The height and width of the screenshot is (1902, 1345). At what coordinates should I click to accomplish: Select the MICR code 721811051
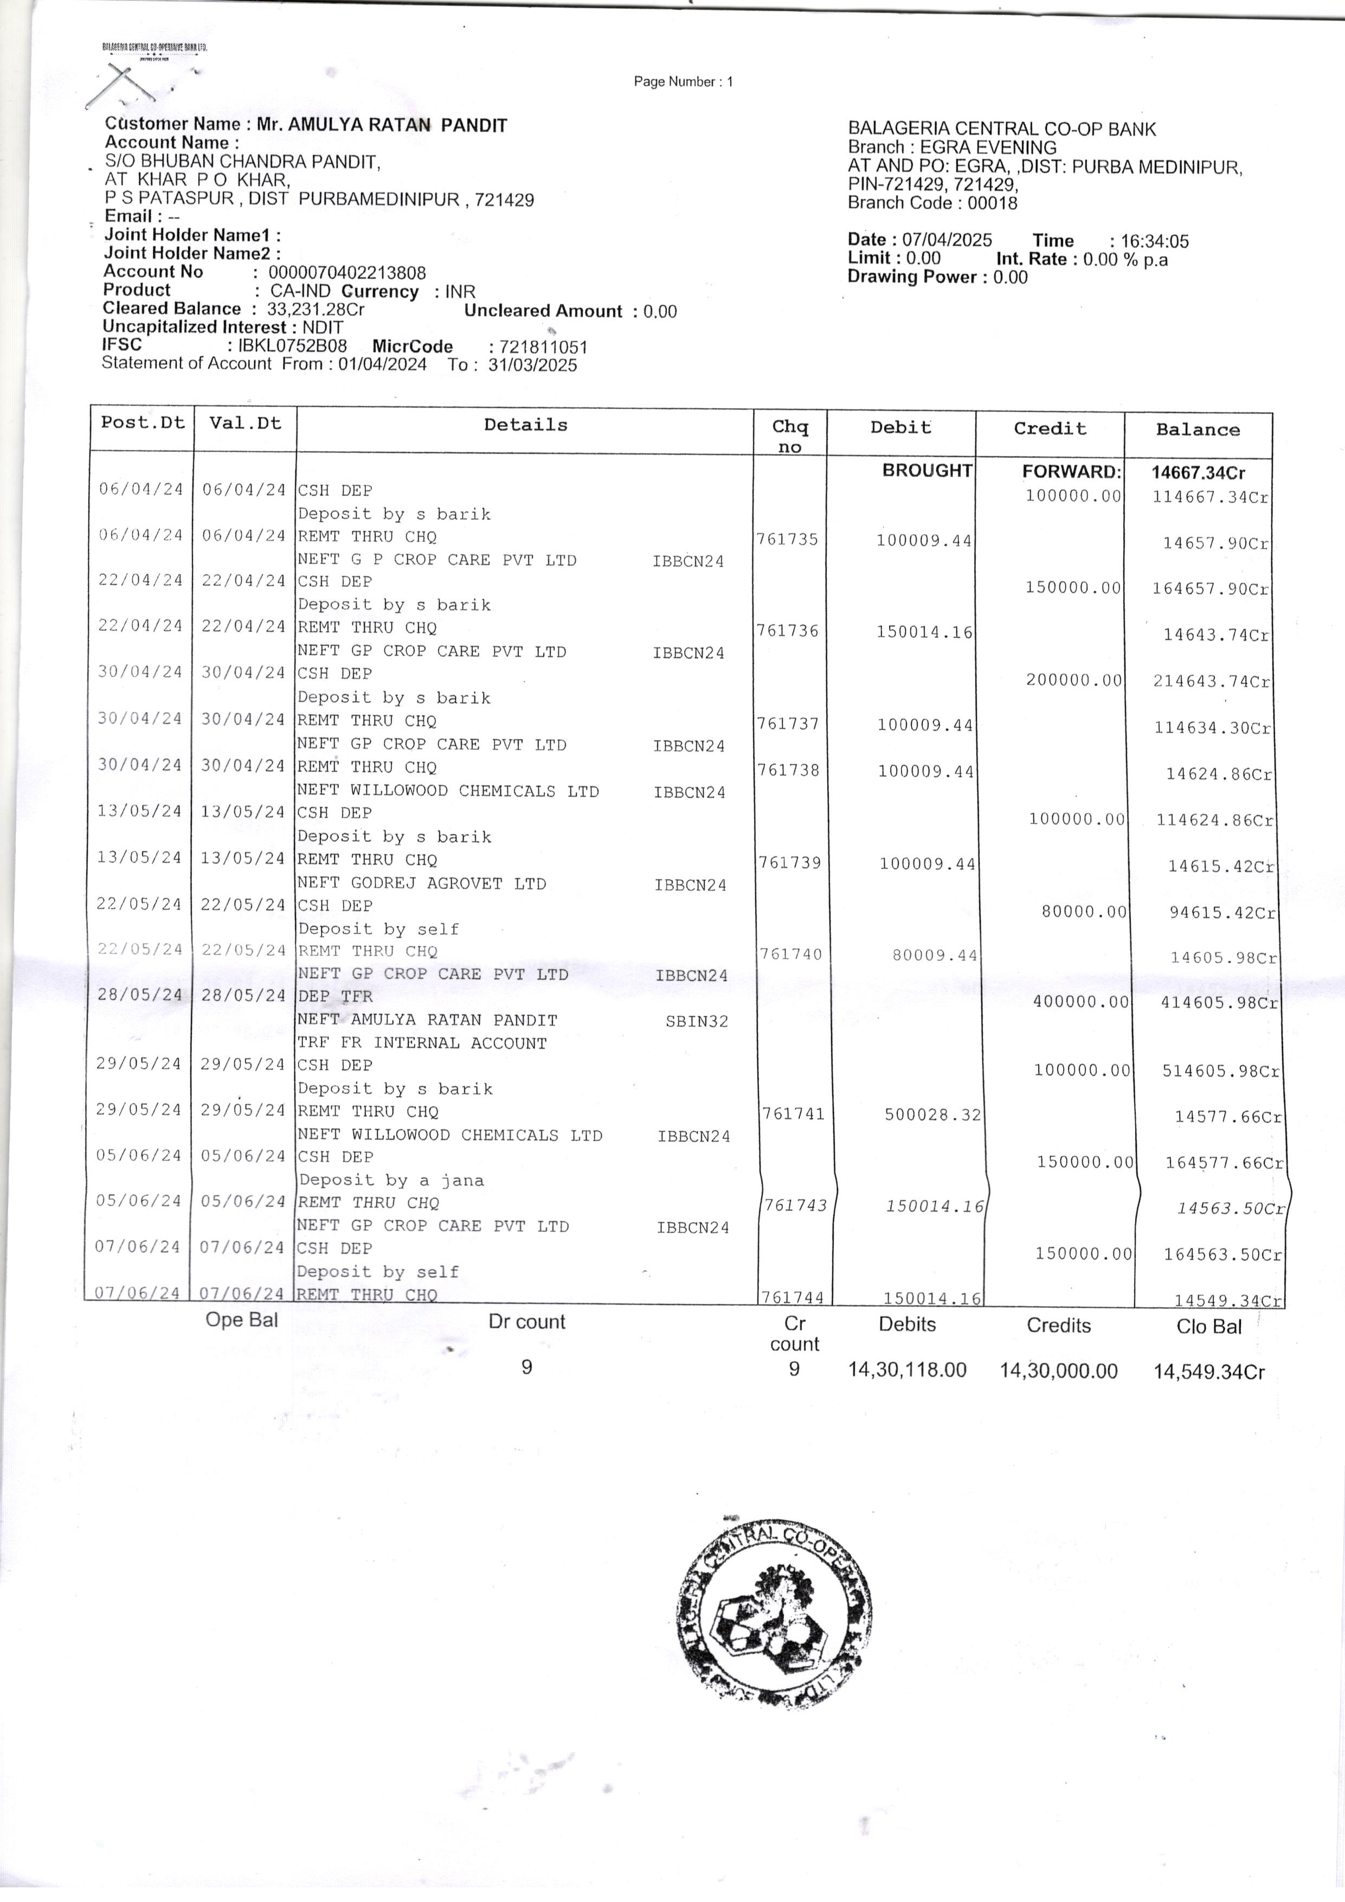[543, 347]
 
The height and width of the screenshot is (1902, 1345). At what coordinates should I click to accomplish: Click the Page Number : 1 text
[683, 81]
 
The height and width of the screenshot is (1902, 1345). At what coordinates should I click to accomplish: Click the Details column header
[526, 425]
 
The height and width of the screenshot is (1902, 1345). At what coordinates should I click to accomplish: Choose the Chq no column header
[790, 436]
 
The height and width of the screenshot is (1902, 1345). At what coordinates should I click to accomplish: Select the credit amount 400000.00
[1081, 1002]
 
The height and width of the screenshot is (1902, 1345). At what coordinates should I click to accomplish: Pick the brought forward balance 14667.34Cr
[1198, 473]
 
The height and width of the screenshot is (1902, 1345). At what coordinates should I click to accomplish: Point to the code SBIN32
[697, 1021]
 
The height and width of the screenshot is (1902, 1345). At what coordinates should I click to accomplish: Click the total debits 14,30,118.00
[907, 1369]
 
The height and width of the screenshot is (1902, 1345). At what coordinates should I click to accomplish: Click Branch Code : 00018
[932, 203]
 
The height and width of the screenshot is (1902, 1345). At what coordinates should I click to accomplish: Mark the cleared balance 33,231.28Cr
[315, 309]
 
